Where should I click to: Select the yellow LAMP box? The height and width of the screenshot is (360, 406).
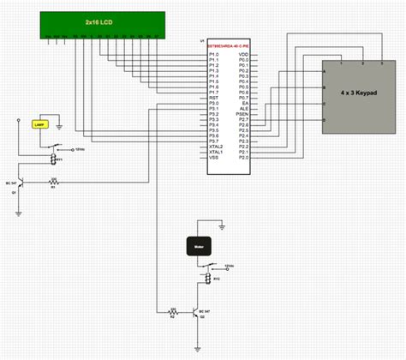[38, 124]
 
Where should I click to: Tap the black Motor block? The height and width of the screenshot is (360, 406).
[198, 247]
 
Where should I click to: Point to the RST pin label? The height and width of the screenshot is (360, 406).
[212, 98]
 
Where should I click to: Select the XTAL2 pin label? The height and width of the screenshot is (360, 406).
[216, 147]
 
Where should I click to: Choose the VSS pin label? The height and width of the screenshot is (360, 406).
[213, 158]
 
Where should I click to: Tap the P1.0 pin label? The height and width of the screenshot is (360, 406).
[213, 54]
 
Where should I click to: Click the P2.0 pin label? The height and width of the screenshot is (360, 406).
[243, 158]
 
